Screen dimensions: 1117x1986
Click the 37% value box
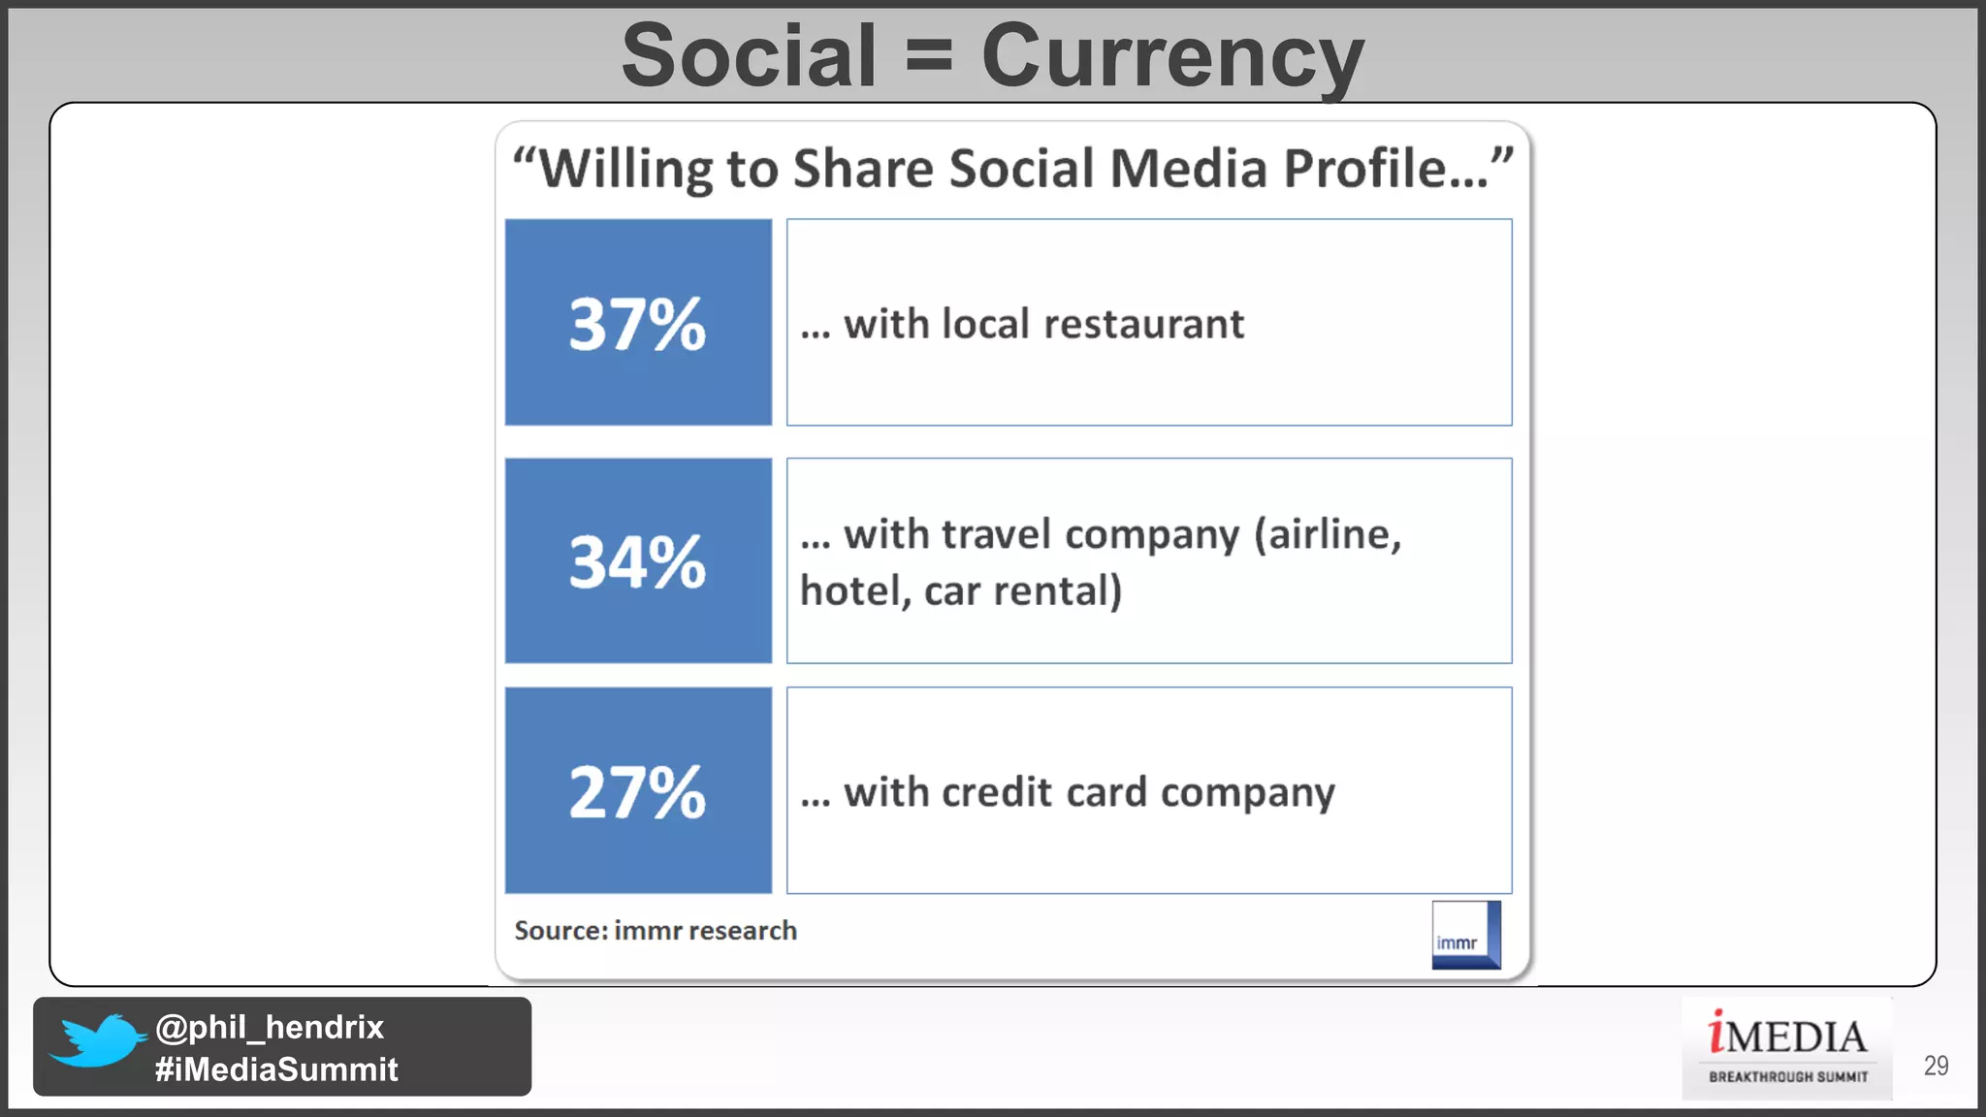(638, 322)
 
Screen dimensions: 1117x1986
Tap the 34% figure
(637, 561)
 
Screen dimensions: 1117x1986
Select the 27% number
(637, 791)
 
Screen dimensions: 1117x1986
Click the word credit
(996, 792)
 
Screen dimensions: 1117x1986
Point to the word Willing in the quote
(625, 169)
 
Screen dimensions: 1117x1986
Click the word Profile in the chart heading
(1364, 168)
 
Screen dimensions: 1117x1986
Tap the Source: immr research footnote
(656, 931)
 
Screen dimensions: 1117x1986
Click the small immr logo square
(1465, 935)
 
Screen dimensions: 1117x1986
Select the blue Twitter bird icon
(97, 1041)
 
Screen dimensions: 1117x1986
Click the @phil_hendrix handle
(270, 1027)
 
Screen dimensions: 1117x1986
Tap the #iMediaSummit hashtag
(276, 1069)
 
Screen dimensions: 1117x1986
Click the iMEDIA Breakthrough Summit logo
(1787, 1047)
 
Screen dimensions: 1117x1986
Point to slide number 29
(1936, 1066)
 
